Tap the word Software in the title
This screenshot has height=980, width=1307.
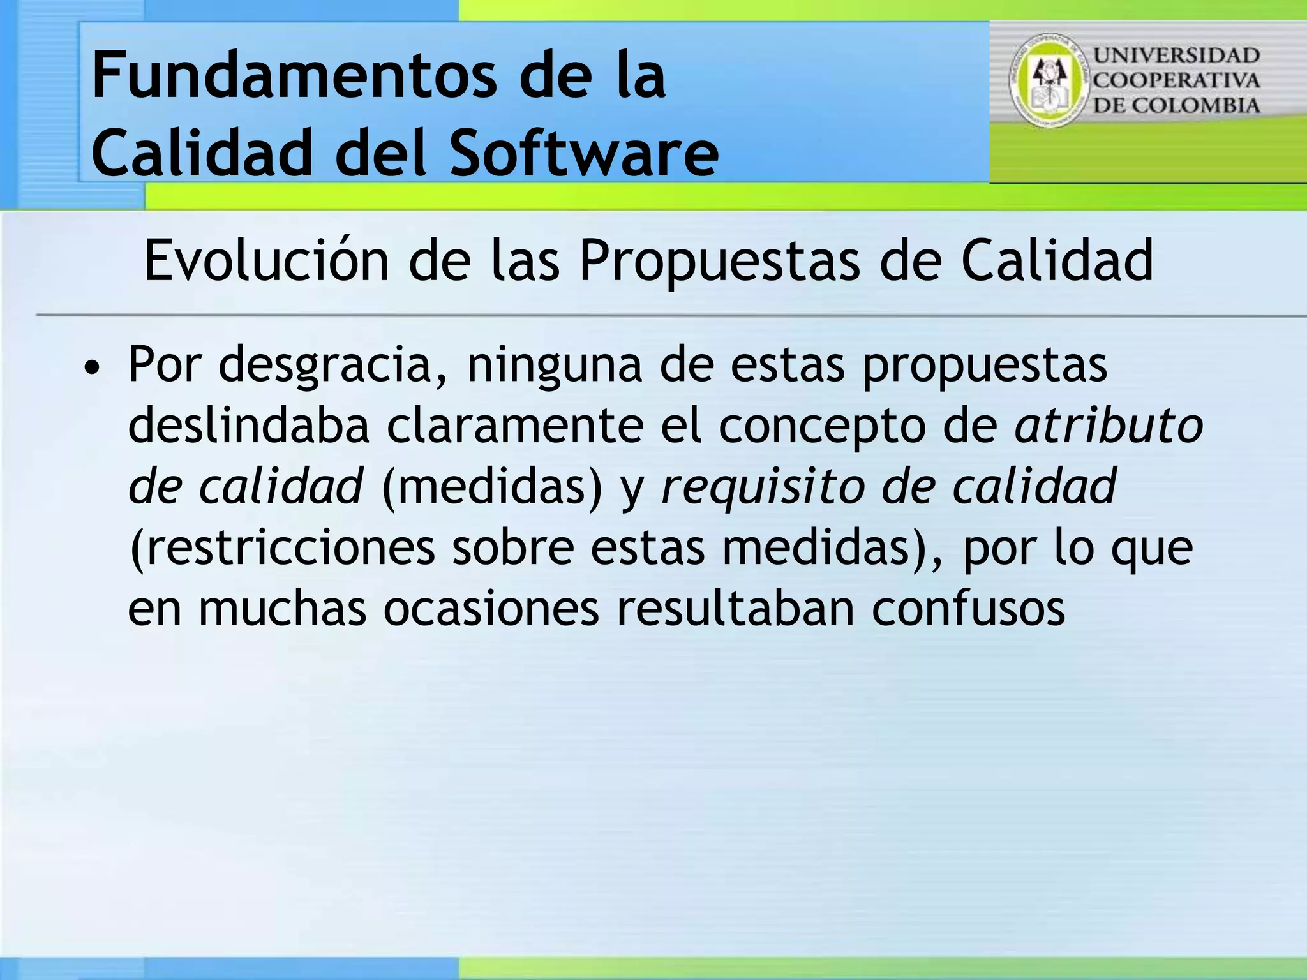point(584,153)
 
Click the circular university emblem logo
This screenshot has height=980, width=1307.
point(1049,80)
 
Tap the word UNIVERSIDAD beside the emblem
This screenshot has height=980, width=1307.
point(1177,56)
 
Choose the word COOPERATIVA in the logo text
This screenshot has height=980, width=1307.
point(1177,80)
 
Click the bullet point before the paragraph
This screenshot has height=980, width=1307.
point(93,368)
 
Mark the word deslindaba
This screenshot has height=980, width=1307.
point(249,426)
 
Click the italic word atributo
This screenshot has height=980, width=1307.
point(1109,426)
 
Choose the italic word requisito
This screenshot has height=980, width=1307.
point(763,486)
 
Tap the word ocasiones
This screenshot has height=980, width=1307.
point(491,608)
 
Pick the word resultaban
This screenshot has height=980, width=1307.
point(735,608)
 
